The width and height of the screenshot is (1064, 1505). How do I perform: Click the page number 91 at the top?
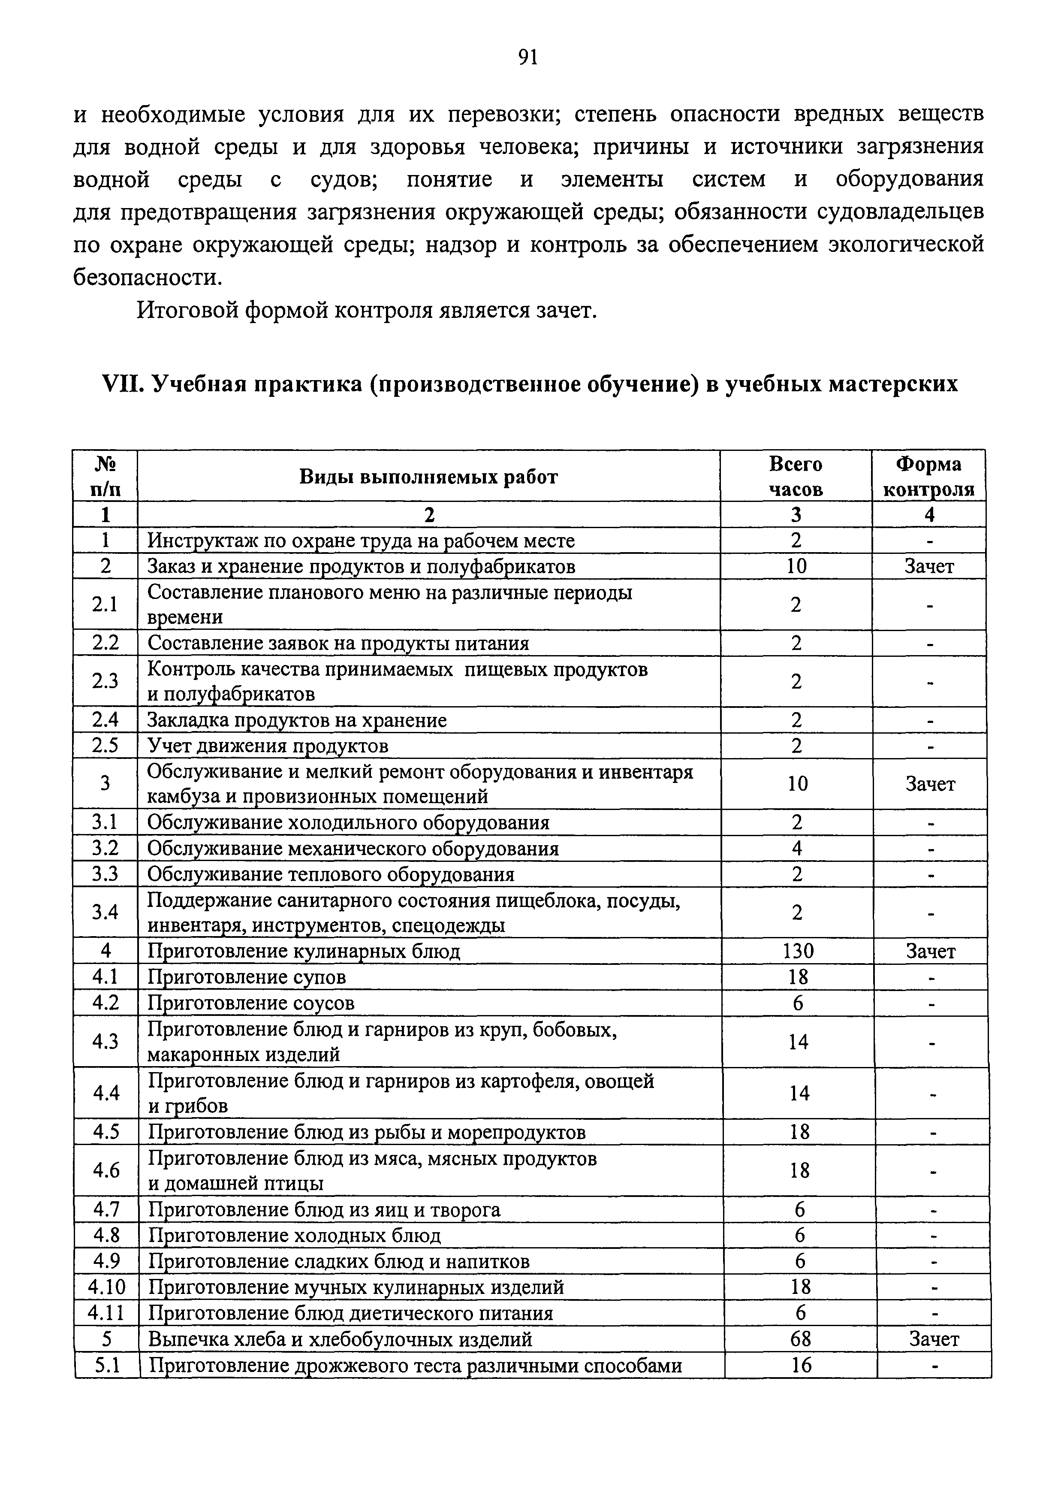527,57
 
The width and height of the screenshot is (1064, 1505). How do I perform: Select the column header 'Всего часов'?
796,477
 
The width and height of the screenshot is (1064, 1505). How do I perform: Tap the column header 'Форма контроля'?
928,477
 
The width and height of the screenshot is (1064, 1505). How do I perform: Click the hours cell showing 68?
801,1339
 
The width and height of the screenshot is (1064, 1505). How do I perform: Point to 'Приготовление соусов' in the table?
251,1003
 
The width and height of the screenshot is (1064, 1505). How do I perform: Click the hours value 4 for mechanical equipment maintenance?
797,848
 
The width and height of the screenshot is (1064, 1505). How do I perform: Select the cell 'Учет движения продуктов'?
268,746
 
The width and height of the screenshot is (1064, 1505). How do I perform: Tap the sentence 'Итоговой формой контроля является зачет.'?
367,309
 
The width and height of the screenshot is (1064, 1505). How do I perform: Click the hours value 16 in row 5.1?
801,1365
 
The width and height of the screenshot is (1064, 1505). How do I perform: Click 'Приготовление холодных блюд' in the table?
295,1235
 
